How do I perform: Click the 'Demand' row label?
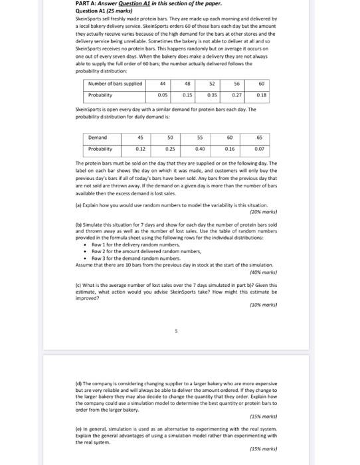click(99, 139)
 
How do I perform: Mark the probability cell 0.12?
click(140, 149)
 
